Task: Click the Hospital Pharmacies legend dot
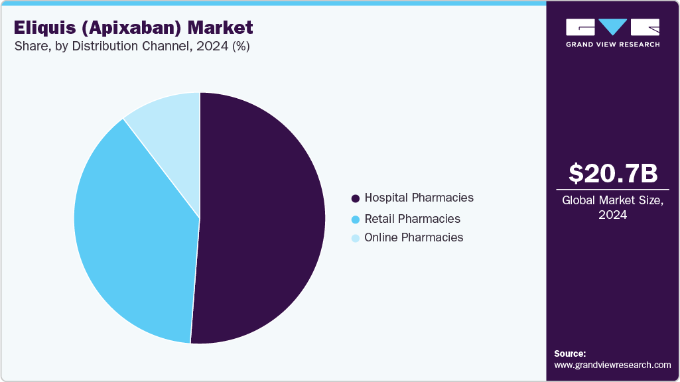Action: tap(356, 198)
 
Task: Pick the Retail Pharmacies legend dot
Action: tap(356, 220)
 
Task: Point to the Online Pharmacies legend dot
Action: tap(356, 238)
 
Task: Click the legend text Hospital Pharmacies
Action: tap(419, 198)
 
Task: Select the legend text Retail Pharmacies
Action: tap(412, 219)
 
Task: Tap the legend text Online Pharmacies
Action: tap(414, 237)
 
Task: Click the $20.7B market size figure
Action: tap(613, 174)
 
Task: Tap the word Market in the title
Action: tap(220, 28)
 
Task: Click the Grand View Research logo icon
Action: tap(613, 27)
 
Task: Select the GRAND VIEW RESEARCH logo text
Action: tap(613, 44)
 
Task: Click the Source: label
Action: tap(570, 353)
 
